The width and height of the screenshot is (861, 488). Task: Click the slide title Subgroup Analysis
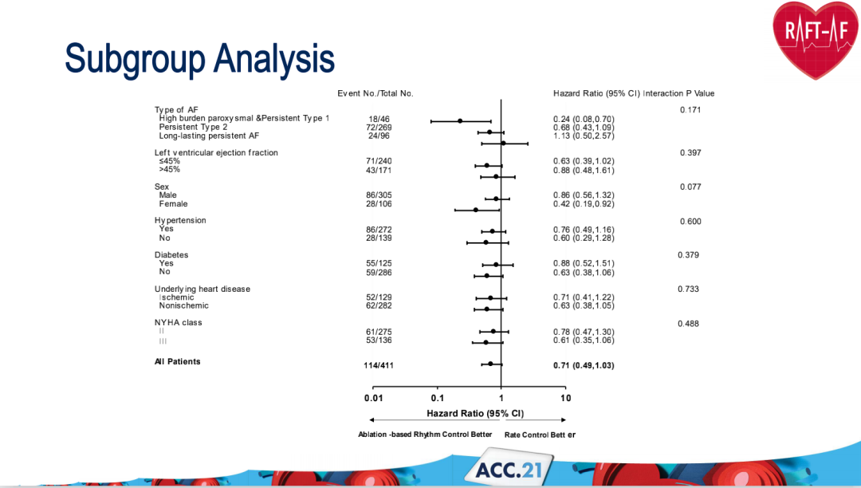pyautogui.click(x=199, y=58)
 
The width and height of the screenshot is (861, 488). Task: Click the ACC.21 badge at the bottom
pyautogui.click(x=507, y=469)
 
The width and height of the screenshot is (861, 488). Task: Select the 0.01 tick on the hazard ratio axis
pyautogui.click(x=374, y=398)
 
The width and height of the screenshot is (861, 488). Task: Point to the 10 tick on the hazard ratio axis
pyautogui.click(x=565, y=398)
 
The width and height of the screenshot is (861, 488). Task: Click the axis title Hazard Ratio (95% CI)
pyautogui.click(x=475, y=413)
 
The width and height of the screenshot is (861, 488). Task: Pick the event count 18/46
pyautogui.click(x=378, y=119)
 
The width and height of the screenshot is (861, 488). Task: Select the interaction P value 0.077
pyautogui.click(x=690, y=187)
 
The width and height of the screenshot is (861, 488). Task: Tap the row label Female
pyautogui.click(x=172, y=204)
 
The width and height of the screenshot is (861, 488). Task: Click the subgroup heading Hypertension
pyautogui.click(x=180, y=220)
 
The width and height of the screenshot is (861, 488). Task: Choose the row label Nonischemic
pyautogui.click(x=183, y=305)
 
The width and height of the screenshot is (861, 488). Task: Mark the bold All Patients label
pyautogui.click(x=178, y=362)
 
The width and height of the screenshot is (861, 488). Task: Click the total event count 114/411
pyautogui.click(x=379, y=365)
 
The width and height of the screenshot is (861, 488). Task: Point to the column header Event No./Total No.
pyautogui.click(x=375, y=93)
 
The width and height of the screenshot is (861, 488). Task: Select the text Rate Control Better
pyautogui.click(x=540, y=435)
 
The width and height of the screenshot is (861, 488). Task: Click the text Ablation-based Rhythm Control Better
pyautogui.click(x=426, y=435)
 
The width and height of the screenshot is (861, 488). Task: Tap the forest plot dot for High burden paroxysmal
pyautogui.click(x=460, y=121)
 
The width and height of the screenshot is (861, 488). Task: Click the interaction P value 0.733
pyautogui.click(x=688, y=289)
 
